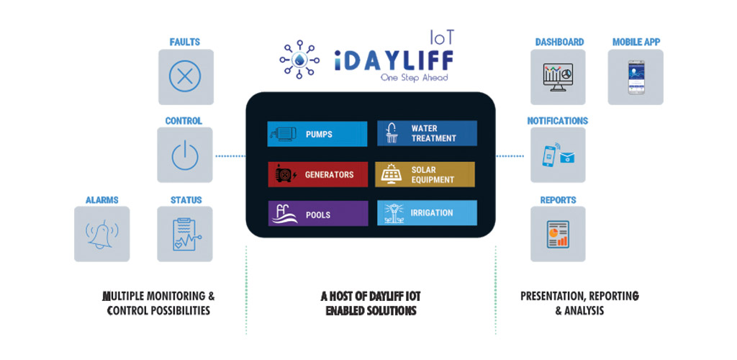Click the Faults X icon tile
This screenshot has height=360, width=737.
pyautogui.click(x=185, y=76)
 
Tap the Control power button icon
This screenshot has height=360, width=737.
pyautogui.click(x=185, y=155)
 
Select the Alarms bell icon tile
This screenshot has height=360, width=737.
pyautogui.click(x=102, y=234)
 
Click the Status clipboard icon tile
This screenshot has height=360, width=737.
pyautogui.click(x=185, y=234)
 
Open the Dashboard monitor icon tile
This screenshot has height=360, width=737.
pyautogui.click(x=558, y=76)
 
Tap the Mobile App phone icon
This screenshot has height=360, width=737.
pyautogui.click(x=636, y=76)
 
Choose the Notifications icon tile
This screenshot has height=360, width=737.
pyautogui.click(x=558, y=155)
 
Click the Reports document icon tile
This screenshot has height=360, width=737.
pyautogui.click(x=558, y=234)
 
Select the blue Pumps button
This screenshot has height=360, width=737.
pyautogui.click(x=317, y=134)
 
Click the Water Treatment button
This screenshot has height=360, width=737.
pyautogui.click(x=426, y=134)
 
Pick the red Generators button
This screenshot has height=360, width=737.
pyautogui.click(x=317, y=174)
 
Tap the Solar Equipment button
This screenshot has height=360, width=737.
pyautogui.click(x=426, y=174)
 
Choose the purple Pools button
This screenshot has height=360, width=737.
pyautogui.click(x=317, y=214)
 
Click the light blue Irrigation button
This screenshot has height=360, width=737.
pyautogui.click(x=426, y=213)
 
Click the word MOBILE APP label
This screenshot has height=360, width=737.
pyautogui.click(x=636, y=42)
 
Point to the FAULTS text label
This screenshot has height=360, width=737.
pyautogui.click(x=185, y=42)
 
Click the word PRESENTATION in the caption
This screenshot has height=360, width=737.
pyautogui.click(x=552, y=296)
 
